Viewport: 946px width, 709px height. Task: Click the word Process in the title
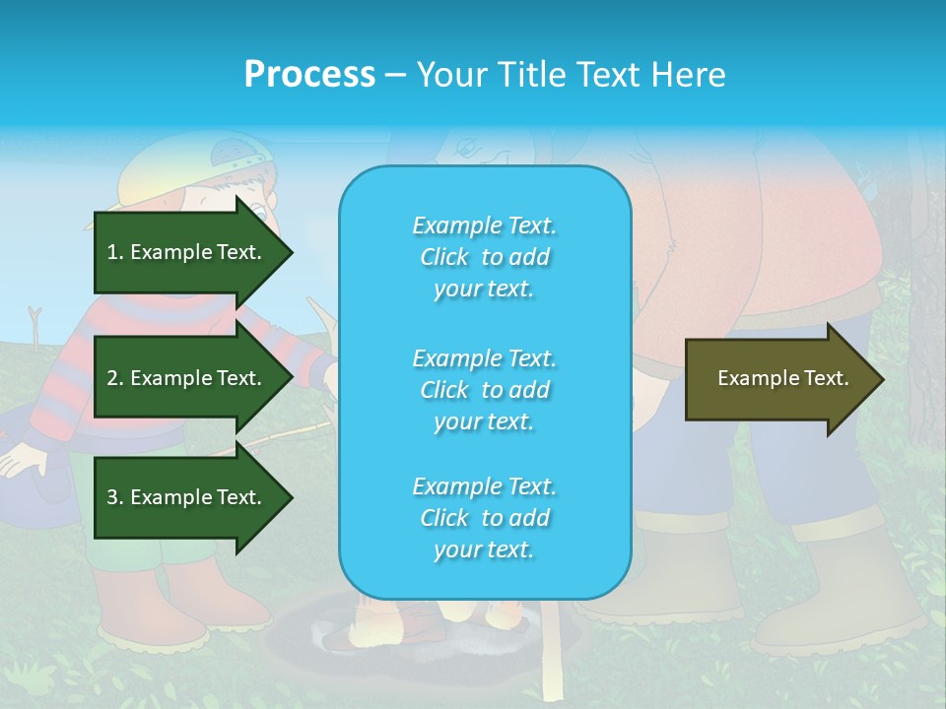point(309,75)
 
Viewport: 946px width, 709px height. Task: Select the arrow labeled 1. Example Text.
point(187,252)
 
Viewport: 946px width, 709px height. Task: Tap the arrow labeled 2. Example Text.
point(187,378)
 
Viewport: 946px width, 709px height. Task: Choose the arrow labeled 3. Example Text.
point(187,497)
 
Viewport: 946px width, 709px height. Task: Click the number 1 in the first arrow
point(111,252)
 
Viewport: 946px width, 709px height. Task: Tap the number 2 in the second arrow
point(111,378)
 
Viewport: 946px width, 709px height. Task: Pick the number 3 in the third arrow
point(111,497)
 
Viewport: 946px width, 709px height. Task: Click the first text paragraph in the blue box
point(484,257)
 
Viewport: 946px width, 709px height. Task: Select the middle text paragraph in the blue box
point(484,389)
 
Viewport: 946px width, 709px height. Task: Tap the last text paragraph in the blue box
point(484,518)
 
